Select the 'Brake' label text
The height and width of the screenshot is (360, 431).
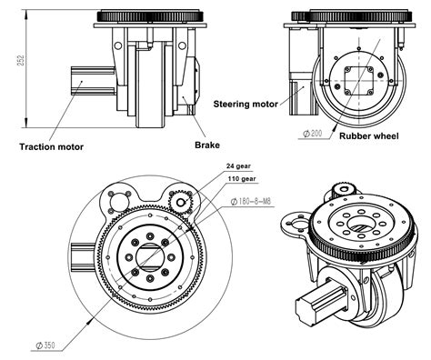point(207,144)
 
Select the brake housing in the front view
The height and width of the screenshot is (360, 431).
point(191,82)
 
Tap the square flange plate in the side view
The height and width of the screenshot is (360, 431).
point(357,85)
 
